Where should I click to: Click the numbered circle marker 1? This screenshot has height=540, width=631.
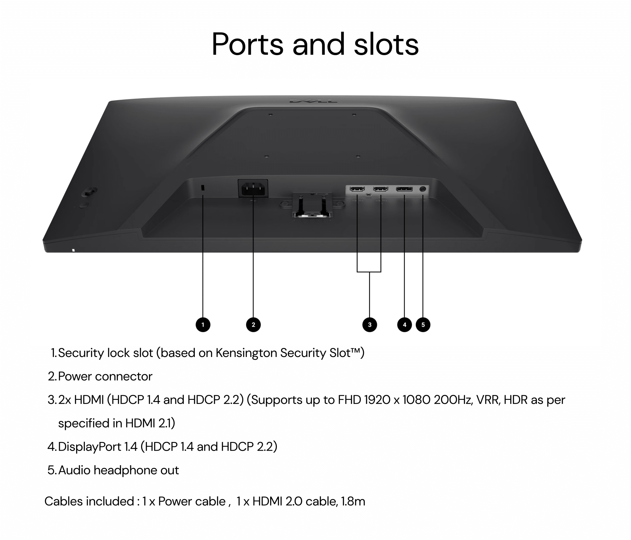(x=203, y=325)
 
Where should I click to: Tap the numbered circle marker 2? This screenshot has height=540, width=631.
(x=253, y=325)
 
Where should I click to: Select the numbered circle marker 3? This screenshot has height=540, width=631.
(x=370, y=325)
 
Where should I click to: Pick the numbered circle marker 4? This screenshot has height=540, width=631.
(x=405, y=325)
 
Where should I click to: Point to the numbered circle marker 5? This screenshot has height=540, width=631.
(x=423, y=325)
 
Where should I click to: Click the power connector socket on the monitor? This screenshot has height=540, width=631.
(x=253, y=189)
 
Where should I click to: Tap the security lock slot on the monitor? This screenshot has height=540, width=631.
(x=203, y=188)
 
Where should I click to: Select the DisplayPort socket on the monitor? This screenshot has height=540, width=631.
(x=404, y=189)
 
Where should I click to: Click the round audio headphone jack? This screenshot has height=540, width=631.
(x=423, y=189)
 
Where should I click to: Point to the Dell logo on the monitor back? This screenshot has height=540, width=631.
(x=314, y=101)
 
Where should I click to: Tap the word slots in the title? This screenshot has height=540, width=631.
(x=386, y=44)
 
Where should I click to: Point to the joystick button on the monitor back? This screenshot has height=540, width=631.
(x=89, y=192)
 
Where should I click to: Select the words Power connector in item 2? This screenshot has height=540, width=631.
(x=105, y=376)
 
